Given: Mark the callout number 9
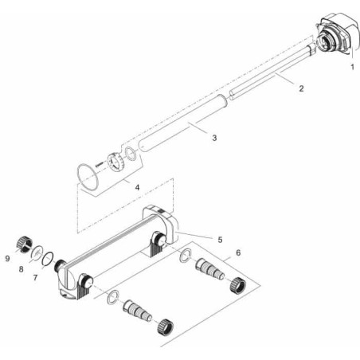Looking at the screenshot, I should pos(9,257).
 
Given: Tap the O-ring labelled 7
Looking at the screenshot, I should pos(49,258).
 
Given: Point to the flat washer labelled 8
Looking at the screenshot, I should pos(36,250).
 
